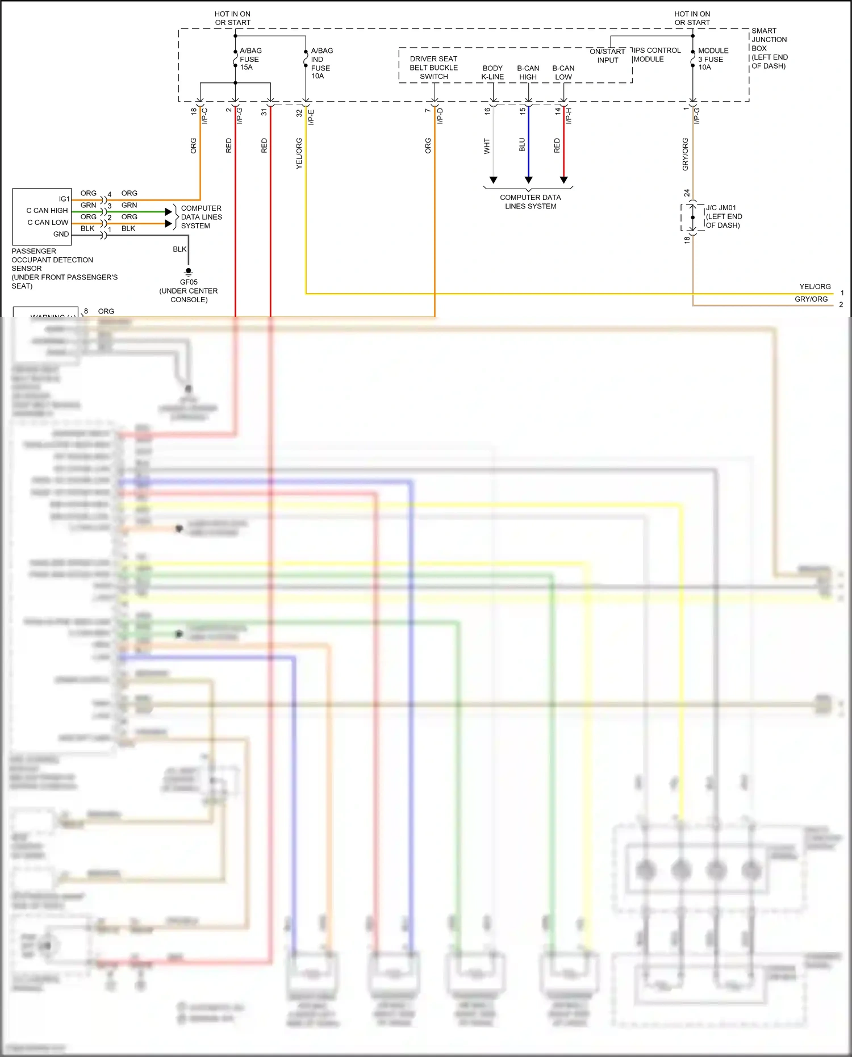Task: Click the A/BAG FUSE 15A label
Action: (x=250, y=59)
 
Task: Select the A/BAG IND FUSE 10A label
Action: (x=321, y=63)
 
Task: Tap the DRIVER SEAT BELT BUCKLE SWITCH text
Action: (x=433, y=68)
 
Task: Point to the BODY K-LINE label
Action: (x=492, y=73)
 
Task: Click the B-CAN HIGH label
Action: (x=528, y=73)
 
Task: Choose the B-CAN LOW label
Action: (x=563, y=73)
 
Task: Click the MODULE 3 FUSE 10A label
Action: (x=712, y=59)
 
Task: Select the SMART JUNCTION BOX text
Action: (x=769, y=48)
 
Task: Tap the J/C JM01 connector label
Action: (x=723, y=216)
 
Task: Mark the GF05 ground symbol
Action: (x=189, y=272)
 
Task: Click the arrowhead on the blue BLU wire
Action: (x=528, y=180)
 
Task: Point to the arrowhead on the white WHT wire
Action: (x=493, y=180)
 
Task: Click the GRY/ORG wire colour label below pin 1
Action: (x=685, y=154)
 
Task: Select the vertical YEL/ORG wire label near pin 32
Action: (x=299, y=153)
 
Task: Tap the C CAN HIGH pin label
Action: (x=47, y=211)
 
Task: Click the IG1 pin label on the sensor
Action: (x=64, y=199)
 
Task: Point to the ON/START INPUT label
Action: (x=607, y=56)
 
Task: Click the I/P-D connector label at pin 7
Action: (x=440, y=116)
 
